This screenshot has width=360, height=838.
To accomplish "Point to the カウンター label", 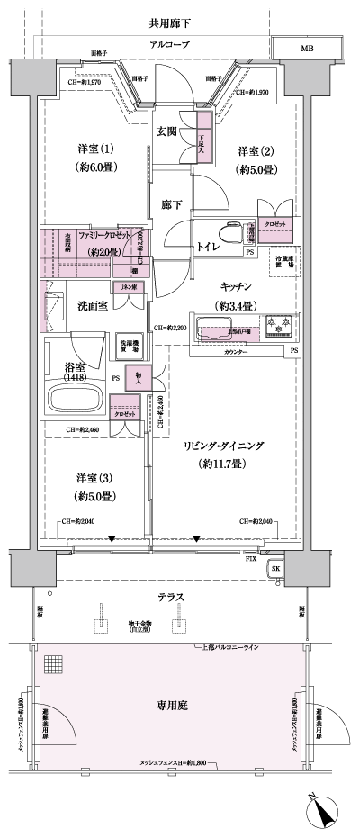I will [x=238, y=351].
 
